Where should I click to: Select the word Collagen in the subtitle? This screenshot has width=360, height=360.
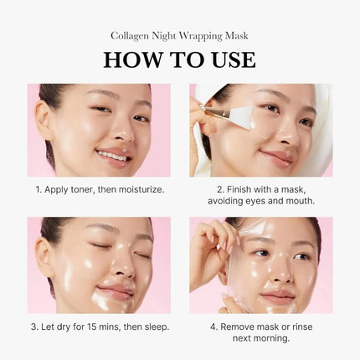130,35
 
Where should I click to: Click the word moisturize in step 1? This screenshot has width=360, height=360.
141,190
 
